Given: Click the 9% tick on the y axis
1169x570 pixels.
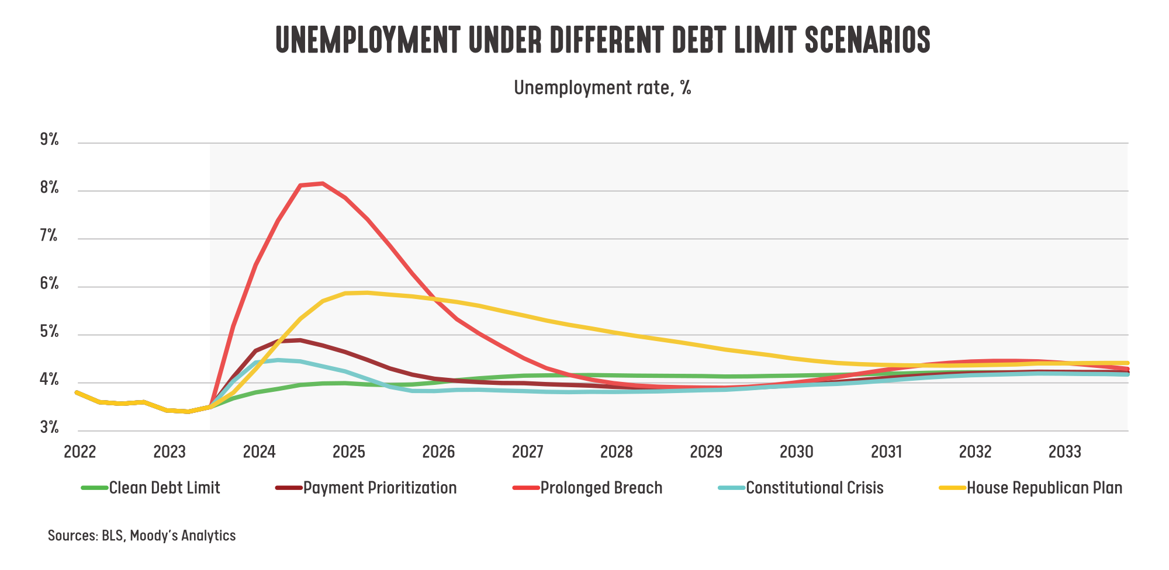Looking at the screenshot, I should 50,140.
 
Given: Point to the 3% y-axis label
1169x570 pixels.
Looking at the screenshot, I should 50,427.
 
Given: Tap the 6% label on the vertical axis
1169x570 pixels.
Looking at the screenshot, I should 50,284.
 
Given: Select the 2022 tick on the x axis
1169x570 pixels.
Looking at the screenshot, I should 80,451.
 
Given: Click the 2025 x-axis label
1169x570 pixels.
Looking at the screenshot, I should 349,451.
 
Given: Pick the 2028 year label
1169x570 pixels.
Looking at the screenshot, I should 617,451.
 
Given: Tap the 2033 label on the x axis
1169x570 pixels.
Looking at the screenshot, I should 1064,451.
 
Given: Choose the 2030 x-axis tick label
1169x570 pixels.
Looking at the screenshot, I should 796,451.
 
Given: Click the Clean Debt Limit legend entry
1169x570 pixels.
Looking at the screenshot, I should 165,488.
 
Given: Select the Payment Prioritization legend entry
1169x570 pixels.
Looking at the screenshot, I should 380,488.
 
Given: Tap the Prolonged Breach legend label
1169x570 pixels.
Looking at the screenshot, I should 601,488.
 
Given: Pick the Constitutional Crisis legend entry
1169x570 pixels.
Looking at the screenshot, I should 815,488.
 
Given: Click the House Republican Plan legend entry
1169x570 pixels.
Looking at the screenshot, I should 1045,488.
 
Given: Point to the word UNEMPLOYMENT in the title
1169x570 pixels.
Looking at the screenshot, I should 368,40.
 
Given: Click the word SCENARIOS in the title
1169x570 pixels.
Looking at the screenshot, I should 867,40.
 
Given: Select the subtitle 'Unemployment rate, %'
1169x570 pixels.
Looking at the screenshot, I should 603,88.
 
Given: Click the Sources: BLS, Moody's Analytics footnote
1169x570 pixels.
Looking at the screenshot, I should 141,536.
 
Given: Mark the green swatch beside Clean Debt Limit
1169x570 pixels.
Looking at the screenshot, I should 95,488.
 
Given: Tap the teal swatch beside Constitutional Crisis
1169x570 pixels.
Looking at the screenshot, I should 731,488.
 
